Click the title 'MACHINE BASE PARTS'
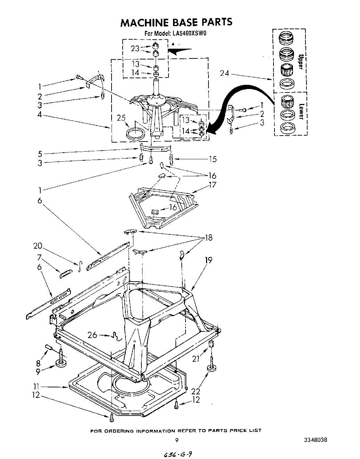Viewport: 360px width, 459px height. click(x=176, y=22)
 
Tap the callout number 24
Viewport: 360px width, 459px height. click(x=225, y=73)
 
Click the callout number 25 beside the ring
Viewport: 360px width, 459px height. click(x=121, y=118)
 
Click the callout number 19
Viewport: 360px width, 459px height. click(x=208, y=260)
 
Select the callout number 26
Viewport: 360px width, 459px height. click(x=92, y=335)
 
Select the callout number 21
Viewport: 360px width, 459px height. click(x=197, y=359)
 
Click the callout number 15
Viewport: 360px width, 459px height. click(x=213, y=159)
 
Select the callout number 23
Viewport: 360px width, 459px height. click(x=135, y=49)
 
